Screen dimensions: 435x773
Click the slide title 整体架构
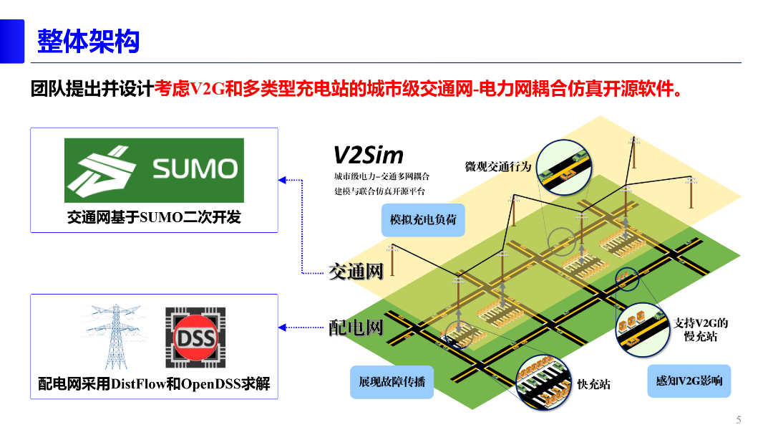(88, 42)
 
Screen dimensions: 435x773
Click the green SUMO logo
(154, 171)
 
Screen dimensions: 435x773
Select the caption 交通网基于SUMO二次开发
(154, 217)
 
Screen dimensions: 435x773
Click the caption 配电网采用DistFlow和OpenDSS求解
(154, 384)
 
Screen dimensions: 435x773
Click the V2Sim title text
(369, 155)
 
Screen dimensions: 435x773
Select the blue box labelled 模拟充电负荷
(423, 219)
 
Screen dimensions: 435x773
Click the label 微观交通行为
(498, 166)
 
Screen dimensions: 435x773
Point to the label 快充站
(593, 384)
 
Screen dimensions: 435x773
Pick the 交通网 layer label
(356, 271)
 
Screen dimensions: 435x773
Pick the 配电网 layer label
(356, 328)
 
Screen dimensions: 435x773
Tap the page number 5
(738, 420)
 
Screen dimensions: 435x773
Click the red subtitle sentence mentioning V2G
(417, 89)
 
